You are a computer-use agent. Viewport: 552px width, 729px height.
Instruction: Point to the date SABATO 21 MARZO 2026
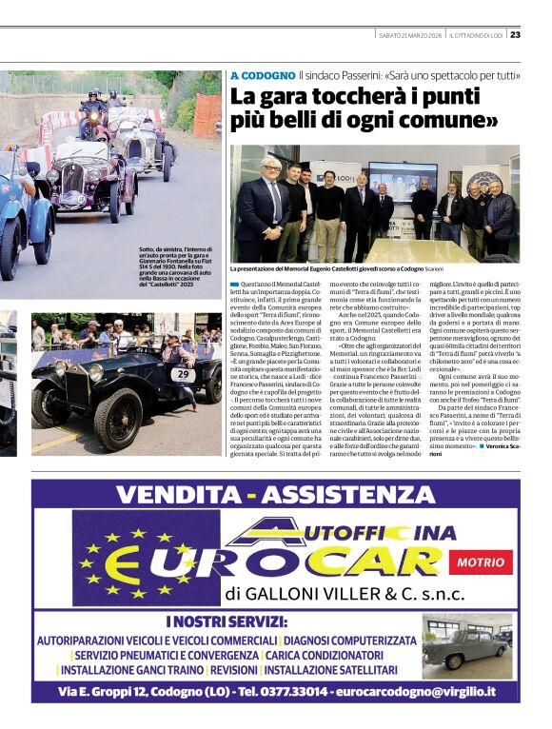410,36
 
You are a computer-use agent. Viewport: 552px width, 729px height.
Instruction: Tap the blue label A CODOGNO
262,74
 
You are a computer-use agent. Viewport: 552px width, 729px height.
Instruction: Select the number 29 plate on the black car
184,375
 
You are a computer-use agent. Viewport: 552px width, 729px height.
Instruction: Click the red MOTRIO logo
481,562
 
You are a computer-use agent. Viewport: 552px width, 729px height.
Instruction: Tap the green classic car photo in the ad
466,646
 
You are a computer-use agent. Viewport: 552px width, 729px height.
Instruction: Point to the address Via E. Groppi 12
107,691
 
